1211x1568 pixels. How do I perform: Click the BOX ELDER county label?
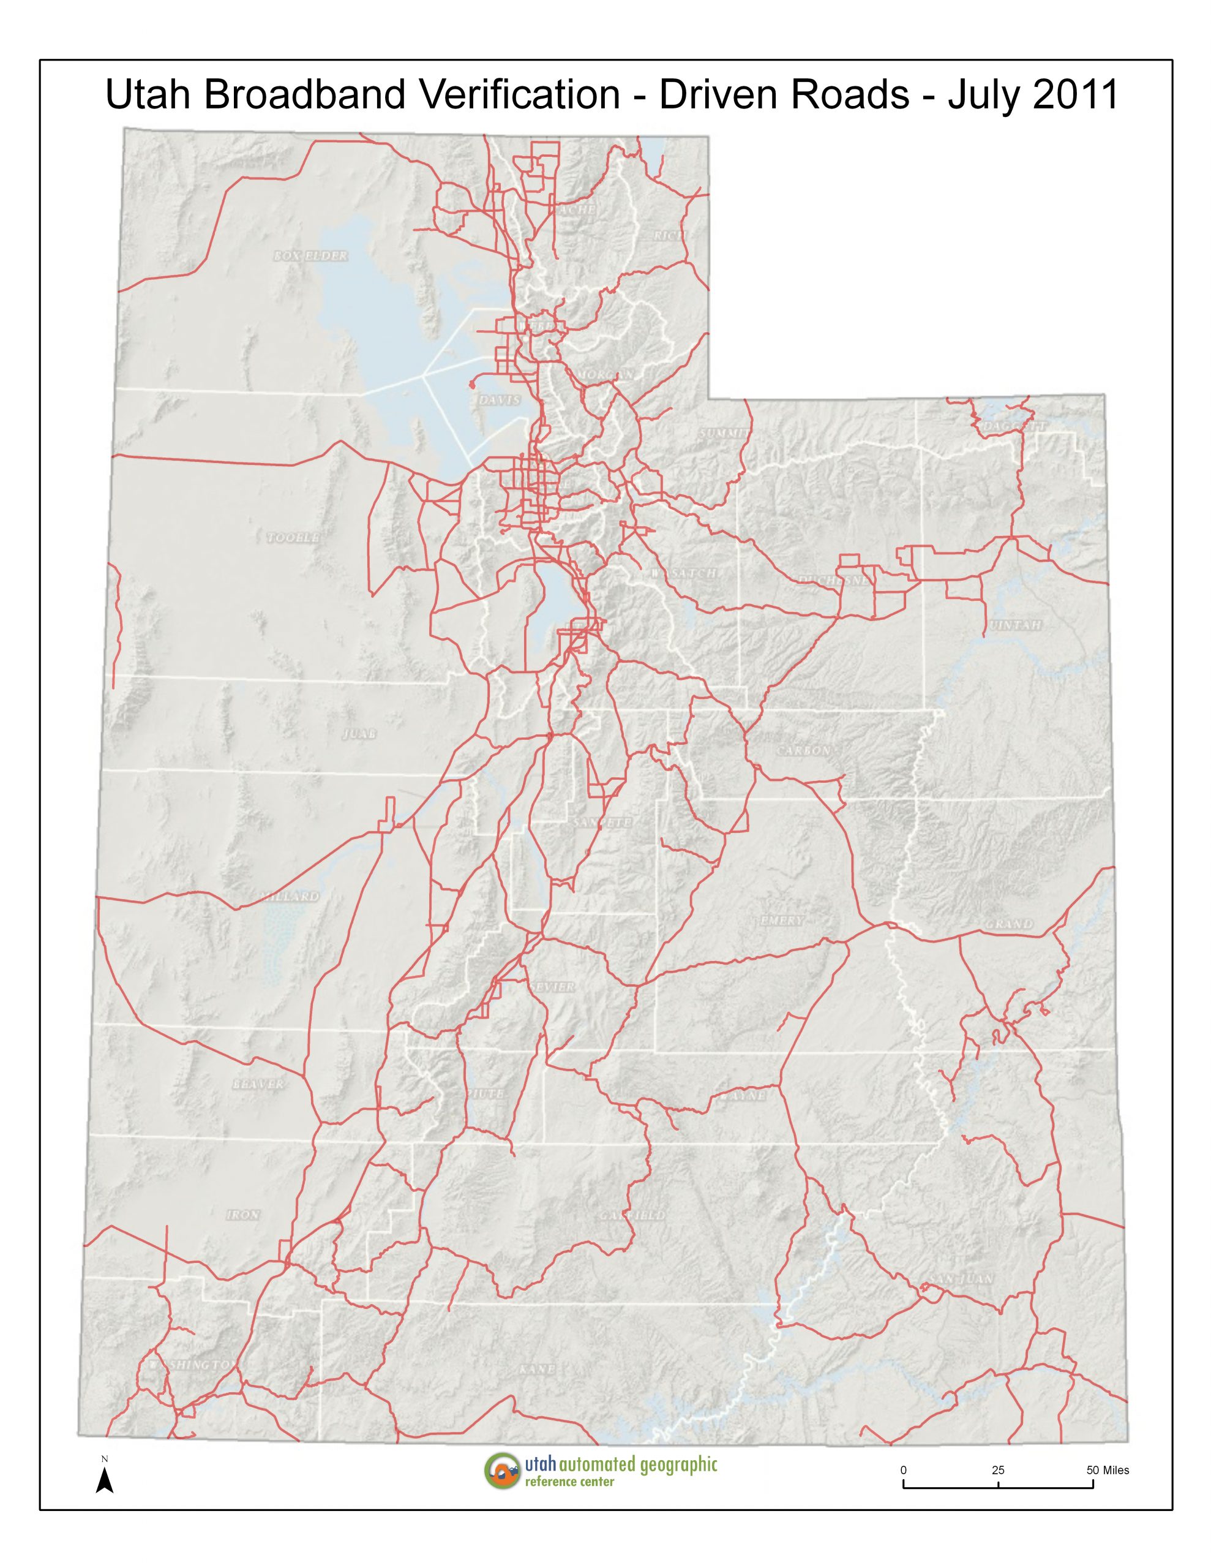tap(311, 255)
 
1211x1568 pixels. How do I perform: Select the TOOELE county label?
tap(292, 538)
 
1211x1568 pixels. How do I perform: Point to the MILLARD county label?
tap(290, 897)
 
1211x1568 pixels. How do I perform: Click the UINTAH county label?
tap(1015, 625)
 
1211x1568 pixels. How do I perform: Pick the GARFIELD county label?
tap(633, 1215)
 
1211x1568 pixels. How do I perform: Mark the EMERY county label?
tap(782, 921)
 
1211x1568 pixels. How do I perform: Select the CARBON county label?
tap(803, 750)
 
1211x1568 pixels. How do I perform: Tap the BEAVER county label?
tap(258, 1084)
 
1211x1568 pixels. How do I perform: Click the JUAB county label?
tap(359, 734)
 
